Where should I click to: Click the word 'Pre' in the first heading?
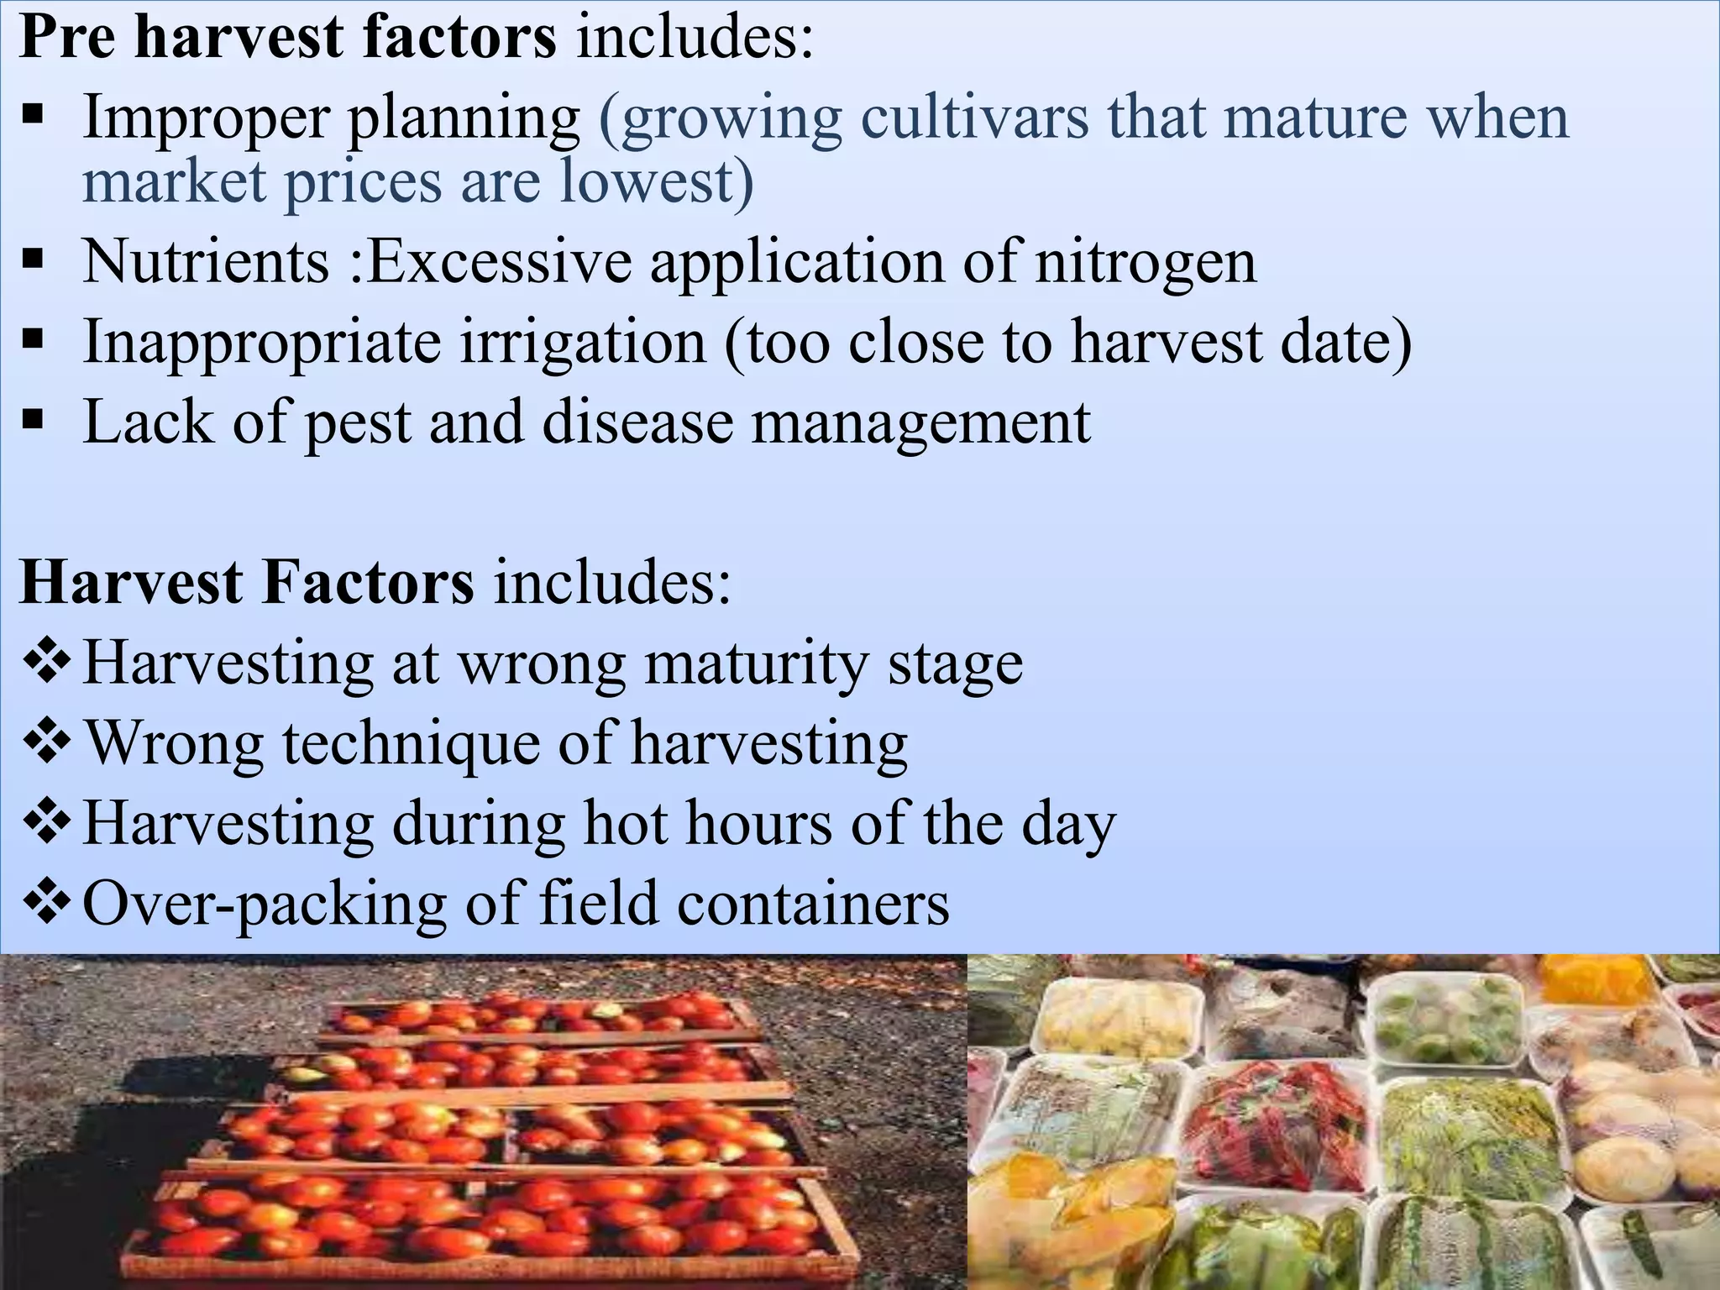click(x=67, y=37)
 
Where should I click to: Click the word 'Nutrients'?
click(x=206, y=261)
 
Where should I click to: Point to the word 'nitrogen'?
click(x=1146, y=263)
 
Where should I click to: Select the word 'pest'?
click(x=357, y=422)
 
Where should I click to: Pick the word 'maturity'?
click(x=756, y=663)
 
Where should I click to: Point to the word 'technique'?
click(x=412, y=744)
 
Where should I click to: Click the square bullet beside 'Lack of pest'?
click(x=33, y=418)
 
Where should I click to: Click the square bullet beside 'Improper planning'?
click(x=33, y=113)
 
